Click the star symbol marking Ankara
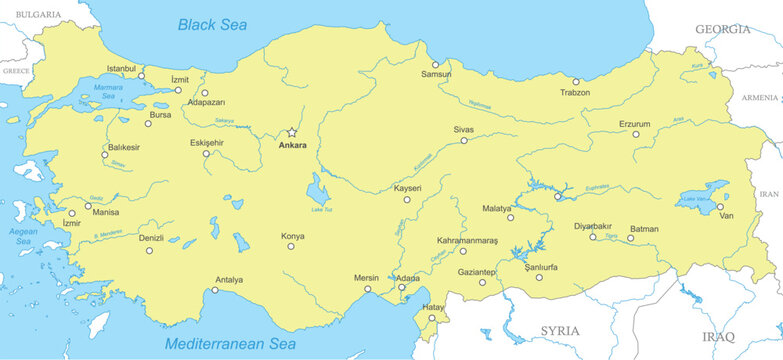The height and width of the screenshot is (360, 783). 292,132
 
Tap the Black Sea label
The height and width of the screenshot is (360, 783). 211,24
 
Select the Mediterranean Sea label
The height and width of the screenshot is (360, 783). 229,344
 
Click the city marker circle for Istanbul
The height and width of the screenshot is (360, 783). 141,76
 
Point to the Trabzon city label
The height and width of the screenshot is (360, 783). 575,93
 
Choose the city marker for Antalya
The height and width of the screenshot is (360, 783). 214,291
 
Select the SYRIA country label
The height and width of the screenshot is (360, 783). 560,331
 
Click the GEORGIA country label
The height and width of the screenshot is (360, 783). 722,30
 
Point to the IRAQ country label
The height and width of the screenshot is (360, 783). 718,336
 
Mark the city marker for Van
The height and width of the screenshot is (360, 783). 720,207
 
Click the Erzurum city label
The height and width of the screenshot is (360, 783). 634,124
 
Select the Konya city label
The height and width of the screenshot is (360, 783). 293,236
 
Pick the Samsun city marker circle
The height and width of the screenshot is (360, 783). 435,64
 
